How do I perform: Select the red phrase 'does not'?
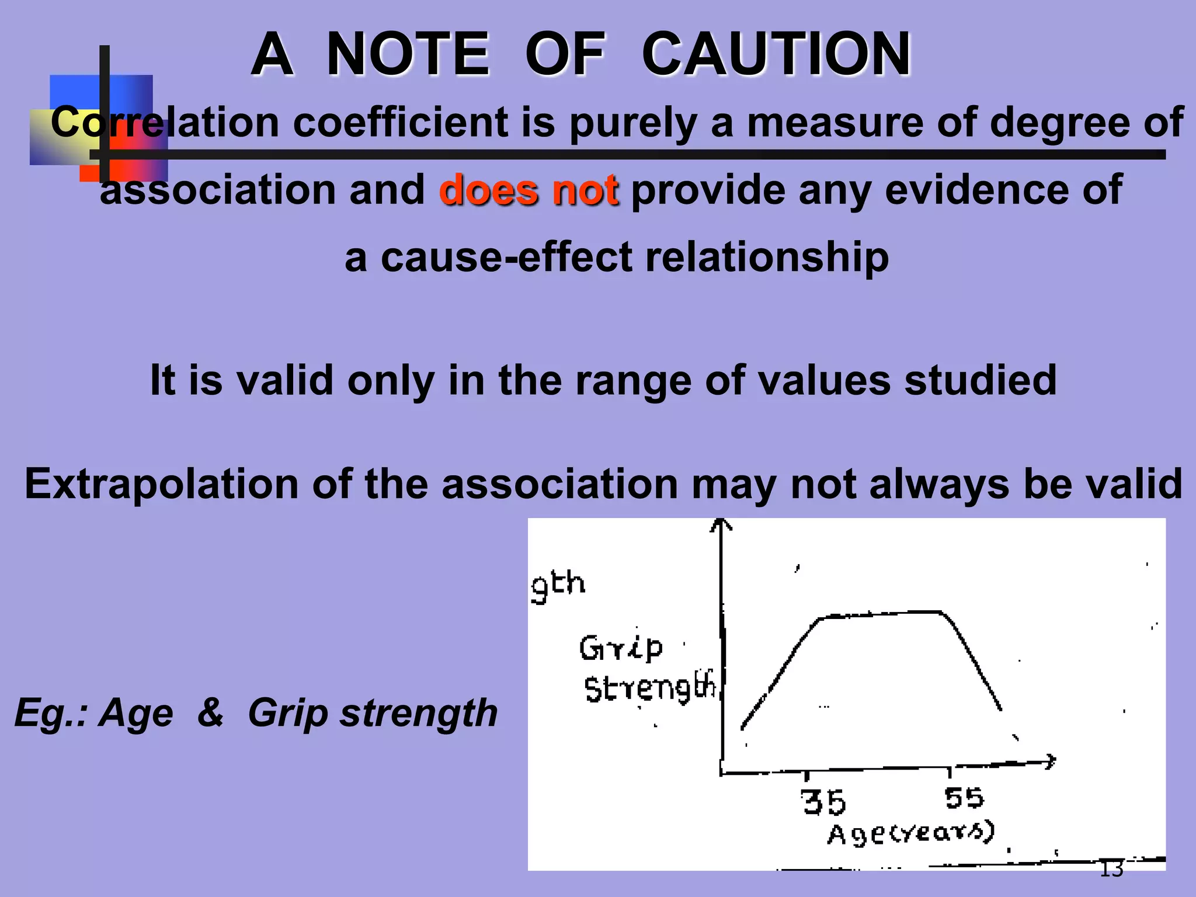point(529,190)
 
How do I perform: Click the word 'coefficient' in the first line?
point(400,122)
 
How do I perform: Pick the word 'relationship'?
point(767,257)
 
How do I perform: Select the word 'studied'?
point(981,380)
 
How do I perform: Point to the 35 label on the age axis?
point(823,802)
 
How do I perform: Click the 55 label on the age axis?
point(964,798)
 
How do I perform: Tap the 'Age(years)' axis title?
point(911,833)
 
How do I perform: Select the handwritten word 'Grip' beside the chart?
point(621,648)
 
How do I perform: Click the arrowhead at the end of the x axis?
point(1050,761)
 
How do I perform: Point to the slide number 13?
point(1111,869)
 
